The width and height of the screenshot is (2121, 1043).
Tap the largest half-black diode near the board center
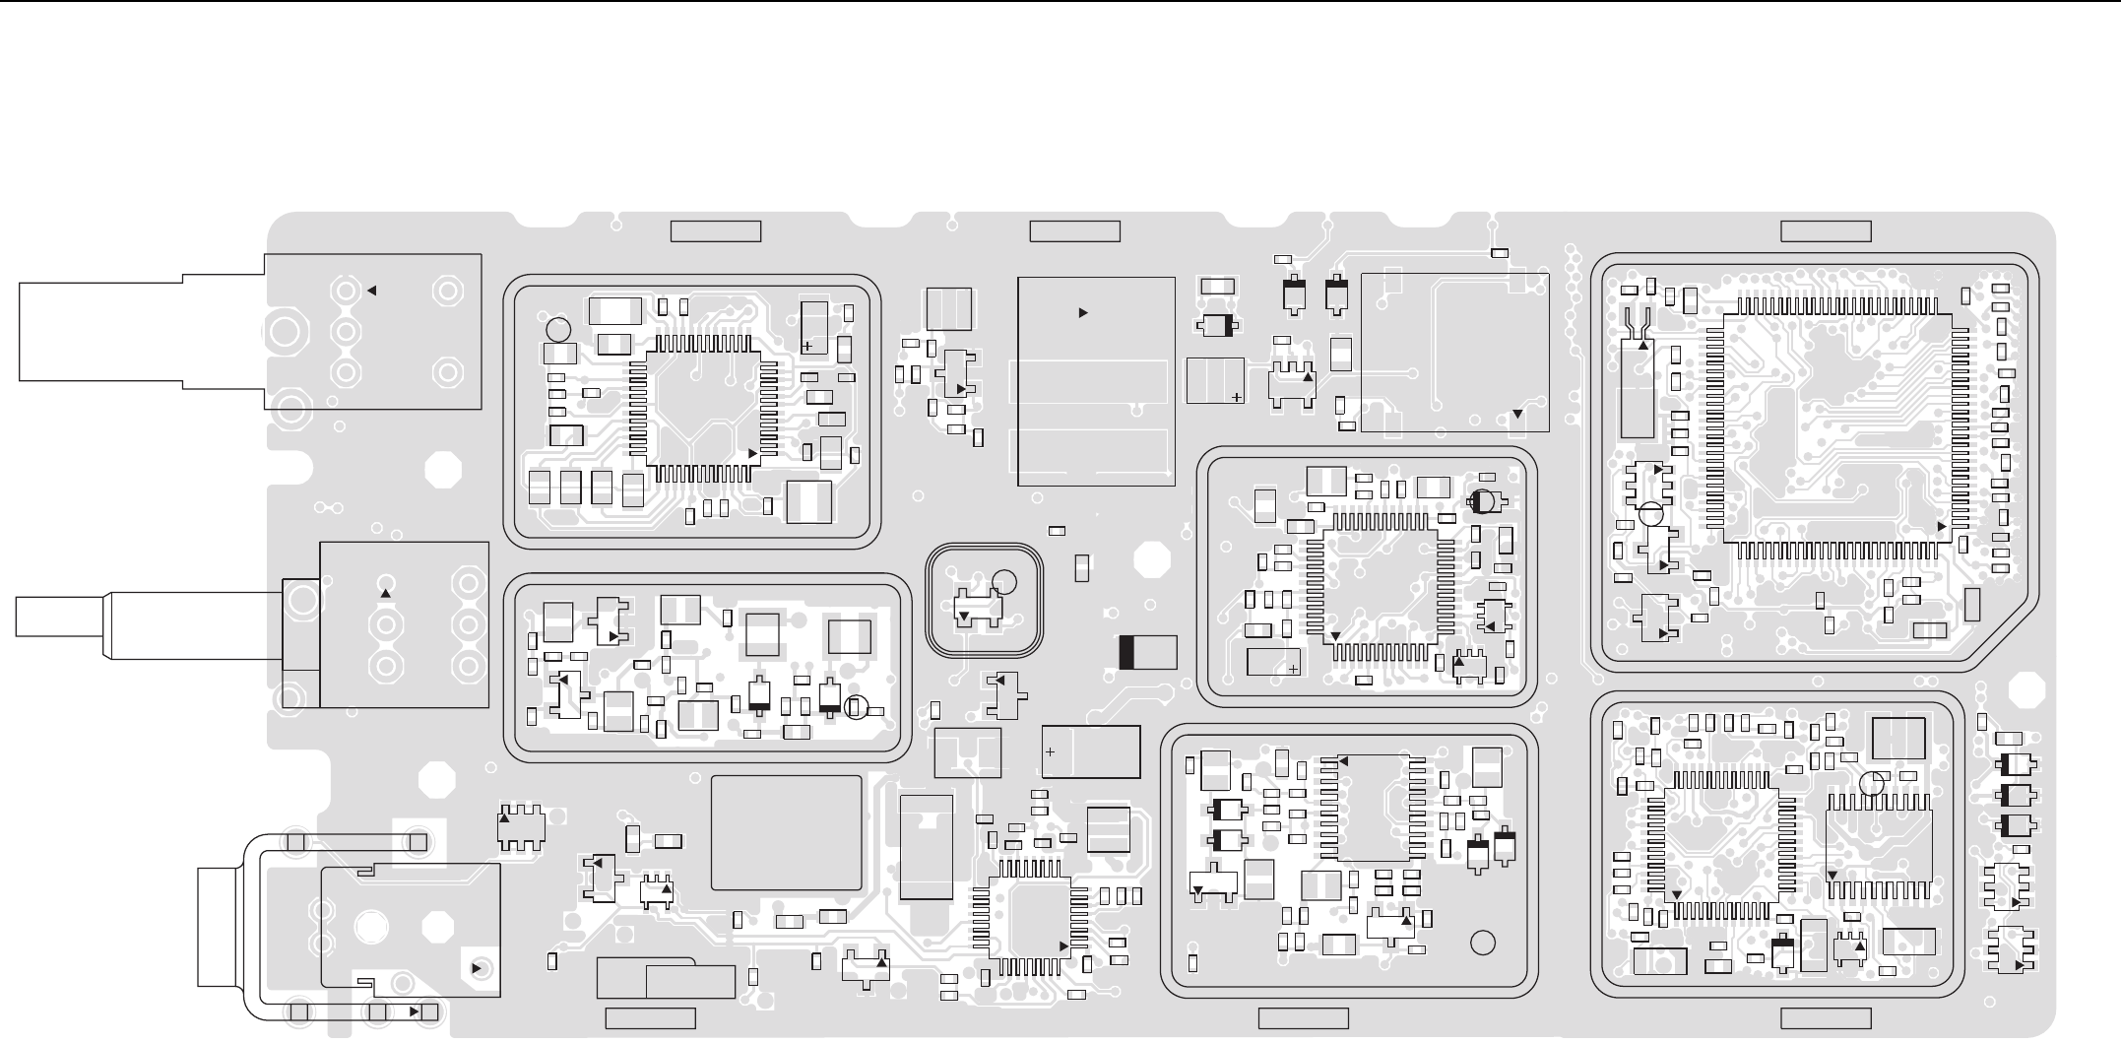[1148, 652]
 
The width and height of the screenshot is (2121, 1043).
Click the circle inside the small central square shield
[1004, 581]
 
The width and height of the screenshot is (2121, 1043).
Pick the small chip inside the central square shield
[979, 609]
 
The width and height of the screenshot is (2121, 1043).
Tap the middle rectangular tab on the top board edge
[1074, 231]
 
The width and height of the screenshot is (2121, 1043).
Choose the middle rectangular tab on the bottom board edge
[1304, 1018]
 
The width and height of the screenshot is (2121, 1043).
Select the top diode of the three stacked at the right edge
[2016, 764]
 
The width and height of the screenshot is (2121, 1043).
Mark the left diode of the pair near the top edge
[1293, 293]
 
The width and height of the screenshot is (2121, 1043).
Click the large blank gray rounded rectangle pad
[786, 832]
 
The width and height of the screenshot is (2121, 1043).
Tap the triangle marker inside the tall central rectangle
[1083, 312]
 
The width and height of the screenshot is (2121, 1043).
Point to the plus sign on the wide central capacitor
[1050, 752]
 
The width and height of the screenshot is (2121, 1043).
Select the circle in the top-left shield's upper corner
[557, 329]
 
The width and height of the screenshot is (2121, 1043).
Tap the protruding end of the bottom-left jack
[217, 926]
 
